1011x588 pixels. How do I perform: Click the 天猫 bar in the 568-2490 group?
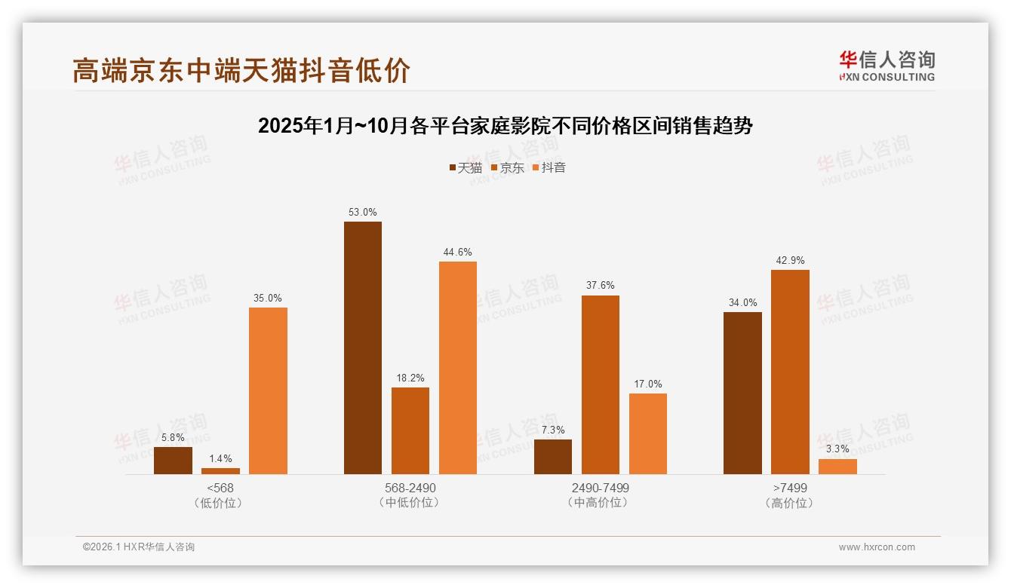(363, 348)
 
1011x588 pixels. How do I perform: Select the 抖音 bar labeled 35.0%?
(268, 390)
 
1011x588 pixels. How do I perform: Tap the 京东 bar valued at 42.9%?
(790, 372)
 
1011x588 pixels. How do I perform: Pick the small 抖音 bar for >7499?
(837, 467)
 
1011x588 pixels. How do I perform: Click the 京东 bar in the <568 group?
(220, 471)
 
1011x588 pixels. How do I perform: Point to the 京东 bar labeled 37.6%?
(600, 384)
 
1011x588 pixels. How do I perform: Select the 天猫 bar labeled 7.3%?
(553, 457)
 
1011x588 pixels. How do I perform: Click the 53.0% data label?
(363, 213)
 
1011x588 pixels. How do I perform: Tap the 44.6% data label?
(458, 253)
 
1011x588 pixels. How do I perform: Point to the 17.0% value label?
(648, 384)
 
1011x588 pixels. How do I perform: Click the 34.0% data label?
(742, 303)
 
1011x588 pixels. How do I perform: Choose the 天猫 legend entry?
(466, 168)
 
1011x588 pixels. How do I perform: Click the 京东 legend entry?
(507, 168)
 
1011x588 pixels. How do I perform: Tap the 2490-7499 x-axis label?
(601, 488)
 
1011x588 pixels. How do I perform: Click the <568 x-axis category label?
(220, 488)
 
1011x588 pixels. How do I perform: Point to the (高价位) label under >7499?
(790, 503)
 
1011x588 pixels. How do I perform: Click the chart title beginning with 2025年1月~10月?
(505, 126)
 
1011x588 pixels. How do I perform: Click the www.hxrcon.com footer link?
(877, 547)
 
